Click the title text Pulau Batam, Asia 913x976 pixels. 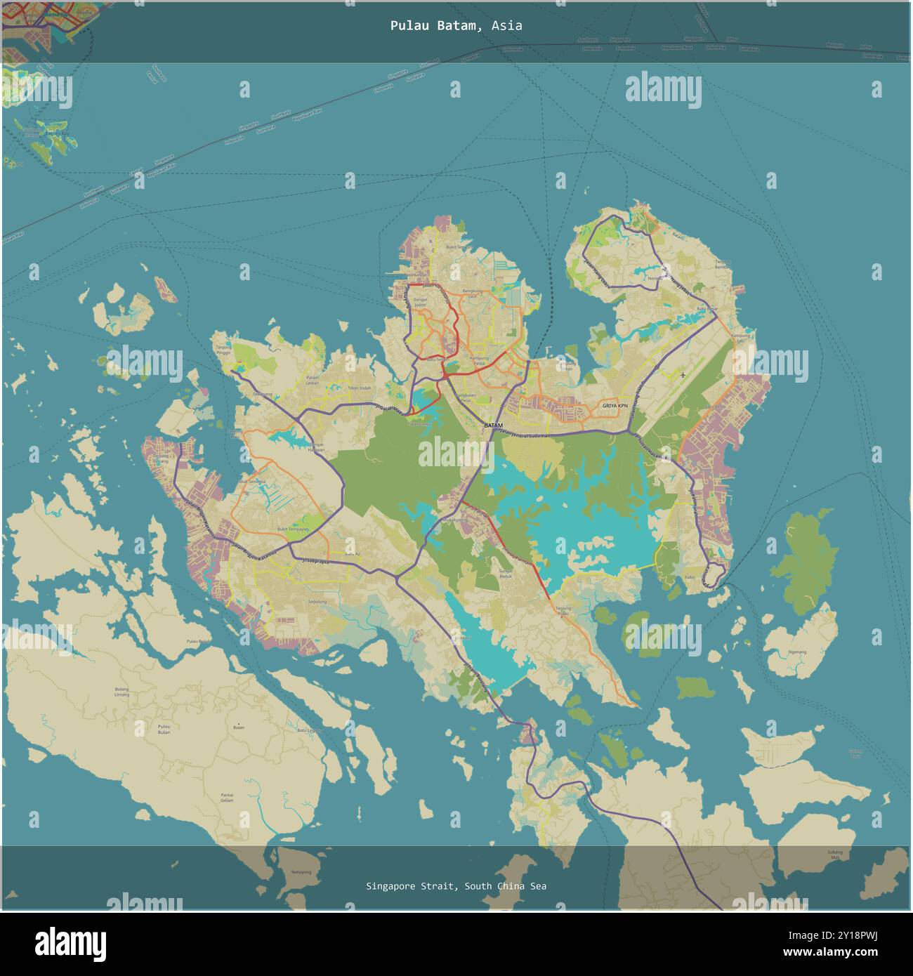[x=456, y=25]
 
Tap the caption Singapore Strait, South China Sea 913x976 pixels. [x=456, y=886]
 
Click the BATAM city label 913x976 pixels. [x=493, y=426]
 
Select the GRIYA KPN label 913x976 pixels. [x=615, y=406]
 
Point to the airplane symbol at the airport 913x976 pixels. [x=683, y=374]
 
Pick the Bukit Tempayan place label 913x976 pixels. [x=293, y=529]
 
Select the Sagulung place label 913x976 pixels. [x=318, y=602]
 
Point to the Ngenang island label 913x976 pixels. [x=798, y=652]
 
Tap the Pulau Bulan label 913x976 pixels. [x=164, y=729]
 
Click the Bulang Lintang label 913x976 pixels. [x=121, y=692]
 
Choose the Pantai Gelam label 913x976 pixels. [x=227, y=798]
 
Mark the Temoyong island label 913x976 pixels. [x=301, y=873]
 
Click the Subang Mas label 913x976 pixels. [x=835, y=855]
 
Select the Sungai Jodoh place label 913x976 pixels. [x=420, y=302]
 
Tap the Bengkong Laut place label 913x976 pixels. [x=473, y=294]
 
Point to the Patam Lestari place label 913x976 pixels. [x=313, y=380]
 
